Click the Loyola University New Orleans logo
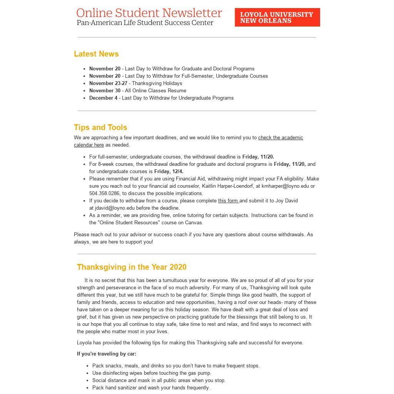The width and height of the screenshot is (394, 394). tap(277, 17)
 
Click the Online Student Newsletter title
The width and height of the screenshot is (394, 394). tap(149, 13)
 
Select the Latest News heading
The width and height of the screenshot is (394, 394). tap(96, 54)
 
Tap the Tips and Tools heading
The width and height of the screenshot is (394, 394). tap(100, 127)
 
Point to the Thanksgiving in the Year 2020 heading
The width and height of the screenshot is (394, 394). tap(132, 267)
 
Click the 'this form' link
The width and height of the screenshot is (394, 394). tap(228, 201)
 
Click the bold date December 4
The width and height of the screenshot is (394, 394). tap(103, 98)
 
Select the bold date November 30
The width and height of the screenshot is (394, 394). tap(105, 91)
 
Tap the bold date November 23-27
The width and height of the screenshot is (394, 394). tap(108, 83)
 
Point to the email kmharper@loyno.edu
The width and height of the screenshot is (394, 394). tap(285, 186)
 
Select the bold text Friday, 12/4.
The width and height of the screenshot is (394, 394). tap(169, 172)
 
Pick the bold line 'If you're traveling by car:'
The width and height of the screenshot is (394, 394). tap(107, 354)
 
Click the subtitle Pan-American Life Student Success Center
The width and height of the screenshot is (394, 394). tap(145, 23)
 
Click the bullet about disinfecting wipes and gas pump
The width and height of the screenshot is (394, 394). tap(152, 373)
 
